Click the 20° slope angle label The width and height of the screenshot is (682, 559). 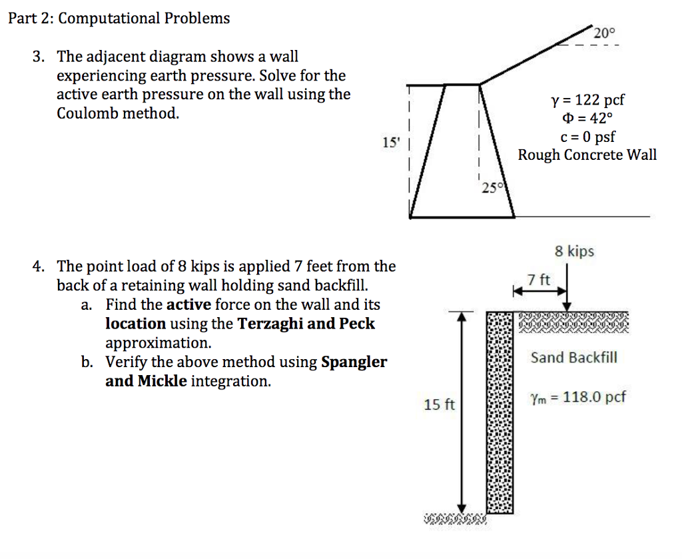click(605, 33)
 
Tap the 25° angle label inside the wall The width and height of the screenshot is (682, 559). click(490, 188)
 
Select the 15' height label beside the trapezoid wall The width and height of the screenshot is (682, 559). click(388, 142)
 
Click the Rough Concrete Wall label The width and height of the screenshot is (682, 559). click(587, 155)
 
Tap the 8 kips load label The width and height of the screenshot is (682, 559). click(574, 252)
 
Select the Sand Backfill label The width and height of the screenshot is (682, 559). click(574, 358)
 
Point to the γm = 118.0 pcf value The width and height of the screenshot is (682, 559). click(578, 398)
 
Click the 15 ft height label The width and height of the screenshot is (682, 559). click(440, 404)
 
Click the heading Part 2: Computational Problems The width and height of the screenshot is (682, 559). click(119, 18)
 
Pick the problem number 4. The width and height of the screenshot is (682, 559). click(39, 267)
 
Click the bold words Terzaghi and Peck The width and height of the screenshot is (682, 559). click(306, 324)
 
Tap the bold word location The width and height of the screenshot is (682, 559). click(136, 324)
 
